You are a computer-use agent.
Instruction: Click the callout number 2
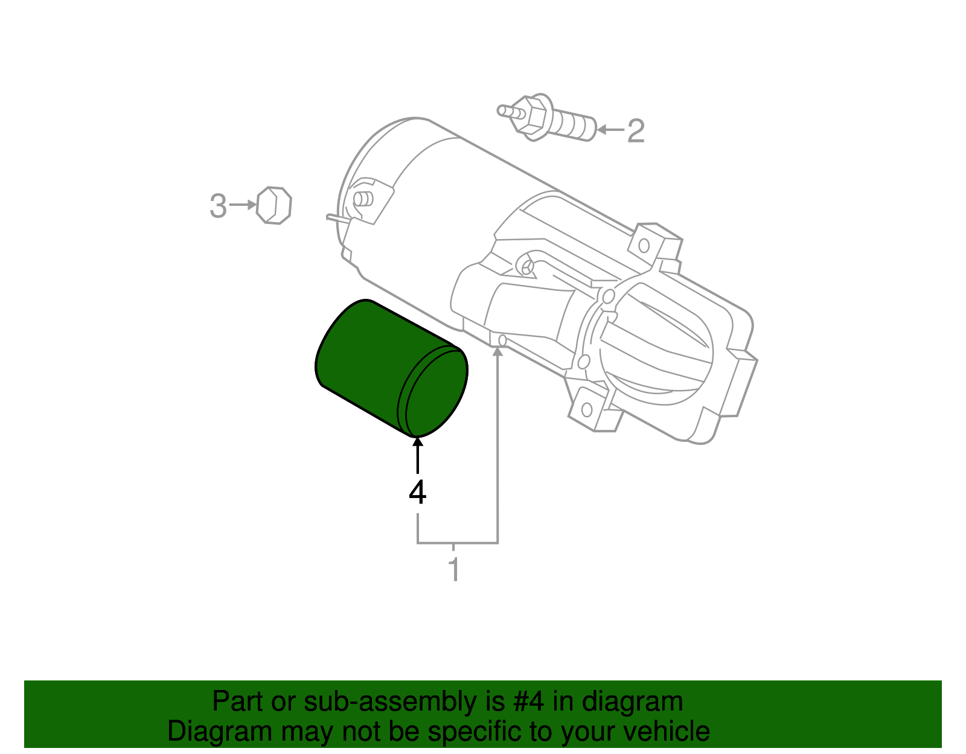pyautogui.click(x=636, y=131)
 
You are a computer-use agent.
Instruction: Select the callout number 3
pyautogui.click(x=218, y=206)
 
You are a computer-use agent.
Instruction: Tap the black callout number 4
pyautogui.click(x=417, y=493)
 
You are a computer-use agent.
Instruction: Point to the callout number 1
pyautogui.click(x=454, y=570)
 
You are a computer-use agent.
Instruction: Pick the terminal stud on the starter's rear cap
pyautogui.click(x=363, y=199)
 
